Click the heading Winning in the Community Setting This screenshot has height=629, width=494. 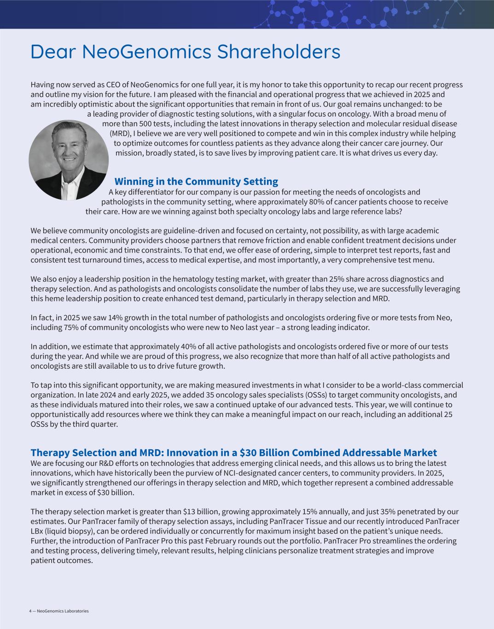pos(196,182)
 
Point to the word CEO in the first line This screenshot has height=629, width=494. pos(113,85)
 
